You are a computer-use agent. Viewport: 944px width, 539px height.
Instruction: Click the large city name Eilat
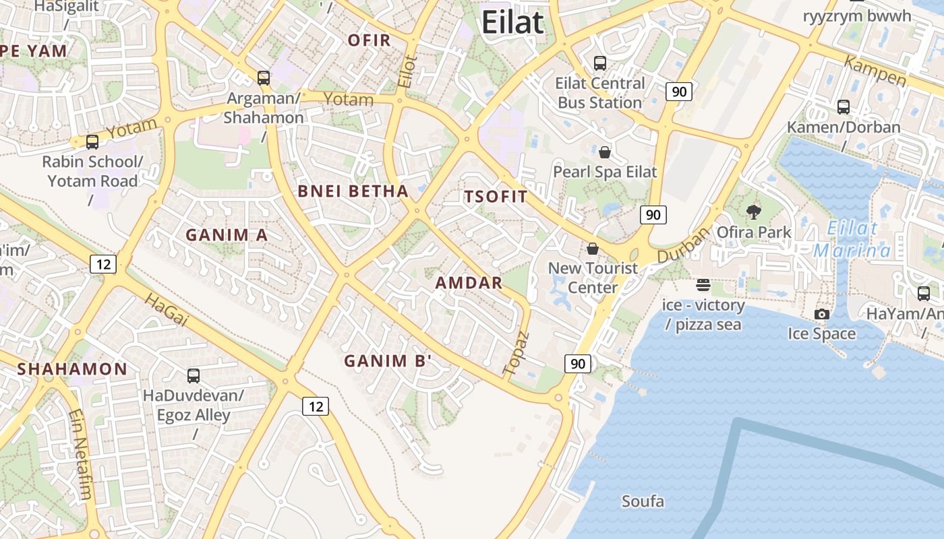click(512, 22)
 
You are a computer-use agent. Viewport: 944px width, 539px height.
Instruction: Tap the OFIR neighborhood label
click(369, 40)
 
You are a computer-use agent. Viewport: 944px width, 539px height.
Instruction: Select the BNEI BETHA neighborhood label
click(353, 191)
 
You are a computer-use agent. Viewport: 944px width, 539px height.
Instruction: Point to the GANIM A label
click(227, 235)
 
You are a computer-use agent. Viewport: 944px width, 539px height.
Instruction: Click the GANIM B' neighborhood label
click(388, 361)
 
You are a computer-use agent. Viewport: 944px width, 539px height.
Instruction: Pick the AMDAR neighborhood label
click(469, 283)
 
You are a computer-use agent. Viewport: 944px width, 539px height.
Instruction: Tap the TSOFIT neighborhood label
click(496, 197)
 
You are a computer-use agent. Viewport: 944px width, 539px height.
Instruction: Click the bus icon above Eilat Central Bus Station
click(599, 63)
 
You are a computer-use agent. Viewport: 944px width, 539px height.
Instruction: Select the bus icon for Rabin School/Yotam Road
click(92, 142)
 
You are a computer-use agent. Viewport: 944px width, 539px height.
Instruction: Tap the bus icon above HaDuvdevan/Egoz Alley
click(194, 375)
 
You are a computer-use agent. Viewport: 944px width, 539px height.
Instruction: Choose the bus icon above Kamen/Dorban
click(843, 107)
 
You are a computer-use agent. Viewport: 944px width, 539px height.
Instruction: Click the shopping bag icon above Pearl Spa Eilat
click(605, 152)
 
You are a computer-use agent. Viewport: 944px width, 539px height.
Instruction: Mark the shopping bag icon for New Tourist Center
click(593, 249)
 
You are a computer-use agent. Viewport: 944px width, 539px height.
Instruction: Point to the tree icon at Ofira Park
click(753, 212)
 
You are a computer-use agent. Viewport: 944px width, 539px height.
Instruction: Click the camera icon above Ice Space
click(821, 314)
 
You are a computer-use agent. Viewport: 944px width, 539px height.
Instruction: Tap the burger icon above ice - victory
click(704, 285)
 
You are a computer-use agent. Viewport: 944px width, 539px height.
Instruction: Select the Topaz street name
click(517, 353)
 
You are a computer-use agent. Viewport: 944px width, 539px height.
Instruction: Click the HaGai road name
click(166, 310)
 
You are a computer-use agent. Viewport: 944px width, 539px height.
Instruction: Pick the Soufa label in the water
click(643, 501)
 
